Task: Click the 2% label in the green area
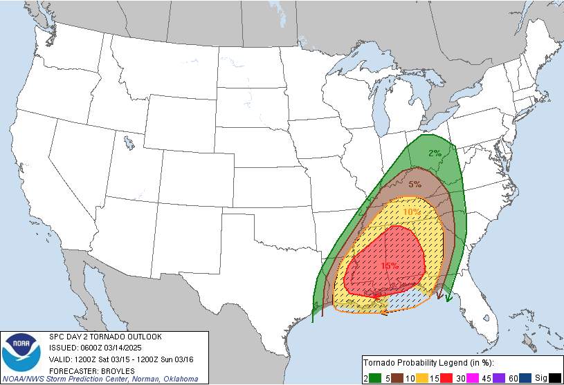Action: click(435, 153)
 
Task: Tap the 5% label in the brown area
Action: click(415, 184)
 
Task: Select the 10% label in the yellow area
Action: click(411, 212)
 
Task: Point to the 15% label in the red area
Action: click(389, 265)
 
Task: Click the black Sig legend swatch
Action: click(554, 377)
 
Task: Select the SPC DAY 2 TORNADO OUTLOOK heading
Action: click(105, 336)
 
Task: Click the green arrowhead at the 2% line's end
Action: click(448, 298)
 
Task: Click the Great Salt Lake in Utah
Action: click(129, 143)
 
